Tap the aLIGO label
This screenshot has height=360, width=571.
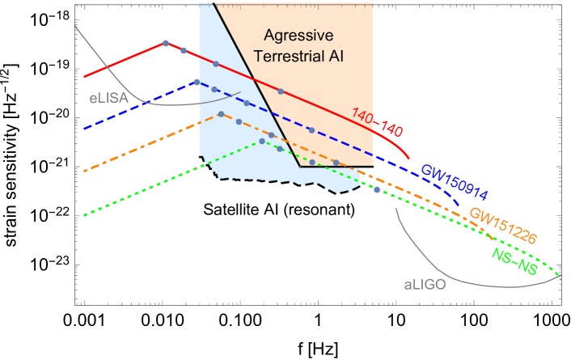[x=425, y=285]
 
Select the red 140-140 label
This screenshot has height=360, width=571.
[x=377, y=122]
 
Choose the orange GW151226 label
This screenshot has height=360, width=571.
[x=503, y=227]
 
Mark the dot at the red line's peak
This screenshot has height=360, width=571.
[x=166, y=43]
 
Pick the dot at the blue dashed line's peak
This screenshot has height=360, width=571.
[x=197, y=82]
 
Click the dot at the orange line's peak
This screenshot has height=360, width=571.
[x=221, y=114]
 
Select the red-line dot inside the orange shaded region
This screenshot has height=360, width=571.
[x=281, y=91]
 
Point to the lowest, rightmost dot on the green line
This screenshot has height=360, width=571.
[x=377, y=189]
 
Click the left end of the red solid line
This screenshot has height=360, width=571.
[x=85, y=78]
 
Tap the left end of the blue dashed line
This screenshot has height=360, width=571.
[x=85, y=129]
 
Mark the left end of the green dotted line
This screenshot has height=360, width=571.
[x=85, y=216]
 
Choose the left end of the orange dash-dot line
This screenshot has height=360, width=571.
[x=85, y=172]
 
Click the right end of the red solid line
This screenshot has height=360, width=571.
[x=410, y=159]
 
